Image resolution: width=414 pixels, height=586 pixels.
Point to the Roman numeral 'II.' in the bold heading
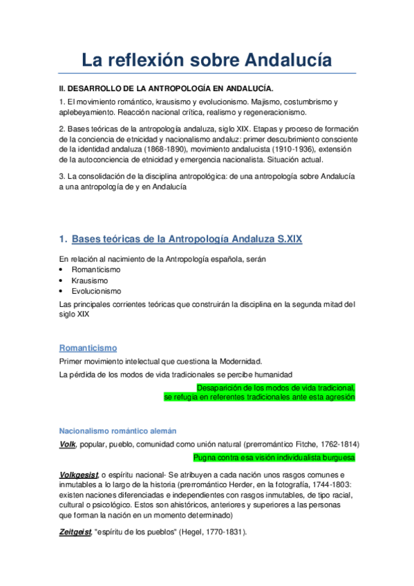[63, 88]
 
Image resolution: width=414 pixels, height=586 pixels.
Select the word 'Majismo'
[270, 102]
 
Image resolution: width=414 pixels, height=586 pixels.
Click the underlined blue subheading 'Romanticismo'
[88, 348]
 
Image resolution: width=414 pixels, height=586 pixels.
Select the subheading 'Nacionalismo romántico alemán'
[117, 430]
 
